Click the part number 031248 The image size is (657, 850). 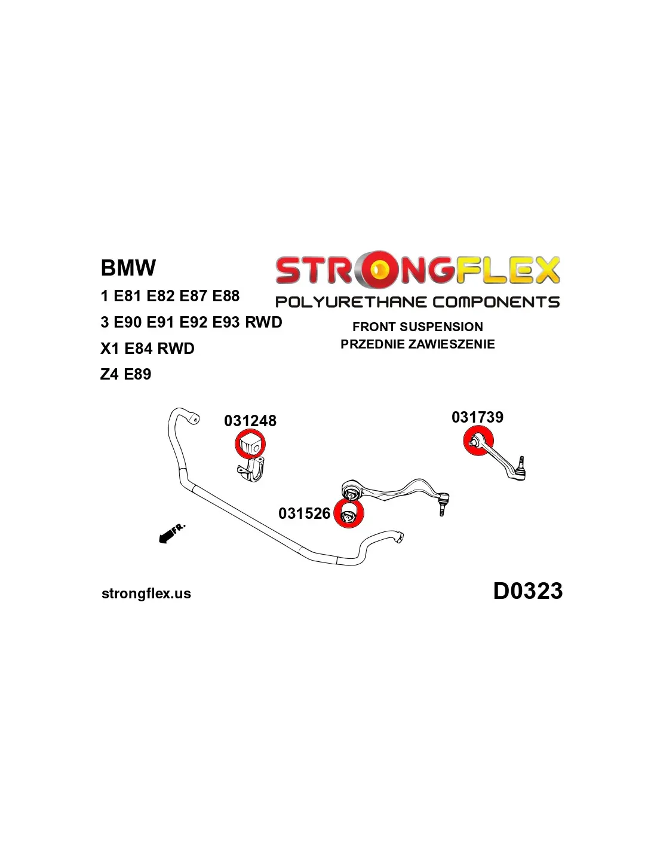click(x=250, y=421)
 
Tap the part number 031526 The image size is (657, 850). click(x=304, y=513)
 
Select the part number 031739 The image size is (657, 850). click(x=477, y=417)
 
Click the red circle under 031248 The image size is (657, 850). click(x=250, y=445)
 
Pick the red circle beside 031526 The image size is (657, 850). click(x=348, y=513)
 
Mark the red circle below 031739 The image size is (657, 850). click(x=478, y=442)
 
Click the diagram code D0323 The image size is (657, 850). click(x=527, y=591)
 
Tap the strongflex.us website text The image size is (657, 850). click(x=146, y=594)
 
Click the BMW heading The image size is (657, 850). click(x=128, y=267)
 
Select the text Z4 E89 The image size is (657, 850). click(x=125, y=374)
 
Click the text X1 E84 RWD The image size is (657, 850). click(x=147, y=348)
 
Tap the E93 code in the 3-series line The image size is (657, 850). click(x=226, y=322)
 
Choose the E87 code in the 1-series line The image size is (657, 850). click(x=193, y=296)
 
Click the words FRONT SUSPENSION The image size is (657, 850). click(x=417, y=327)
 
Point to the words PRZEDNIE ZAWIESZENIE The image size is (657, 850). click(x=417, y=344)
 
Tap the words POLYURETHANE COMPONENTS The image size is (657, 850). click(x=417, y=302)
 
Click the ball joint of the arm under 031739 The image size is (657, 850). click(x=521, y=472)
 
